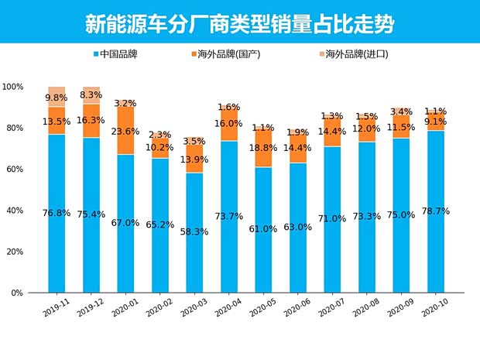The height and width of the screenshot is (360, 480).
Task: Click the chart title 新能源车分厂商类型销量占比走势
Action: pos(239,24)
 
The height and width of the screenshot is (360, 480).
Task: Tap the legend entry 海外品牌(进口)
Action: pos(353,54)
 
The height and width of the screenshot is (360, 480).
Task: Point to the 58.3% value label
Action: pos(194,231)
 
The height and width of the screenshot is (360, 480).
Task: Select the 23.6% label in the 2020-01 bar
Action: pos(125,132)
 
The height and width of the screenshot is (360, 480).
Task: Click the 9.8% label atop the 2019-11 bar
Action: pos(57,98)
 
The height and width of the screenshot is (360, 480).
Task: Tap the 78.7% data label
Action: pos(433,211)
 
